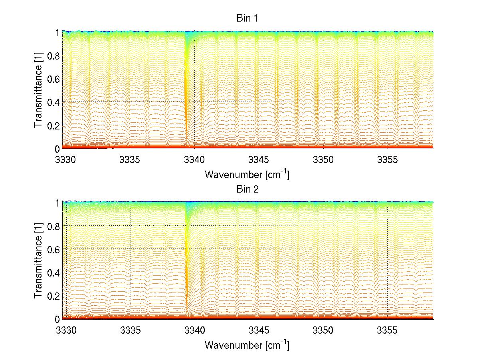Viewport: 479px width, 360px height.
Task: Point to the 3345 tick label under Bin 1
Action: [259, 160]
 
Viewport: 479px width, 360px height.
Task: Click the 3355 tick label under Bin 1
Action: [388, 160]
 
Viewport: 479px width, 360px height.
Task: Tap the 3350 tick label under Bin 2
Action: [323, 330]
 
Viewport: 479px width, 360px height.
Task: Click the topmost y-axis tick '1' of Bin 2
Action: [57, 202]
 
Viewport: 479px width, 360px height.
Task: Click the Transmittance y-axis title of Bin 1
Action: [38, 90]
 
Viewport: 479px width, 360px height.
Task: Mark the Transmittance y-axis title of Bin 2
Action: [38, 261]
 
